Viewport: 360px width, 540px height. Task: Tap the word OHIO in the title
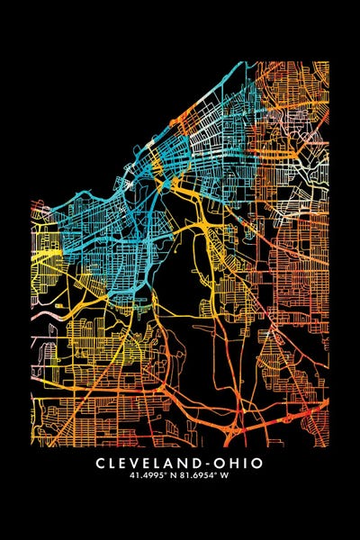[240, 463]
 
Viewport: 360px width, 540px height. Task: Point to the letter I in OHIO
[244, 463]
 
